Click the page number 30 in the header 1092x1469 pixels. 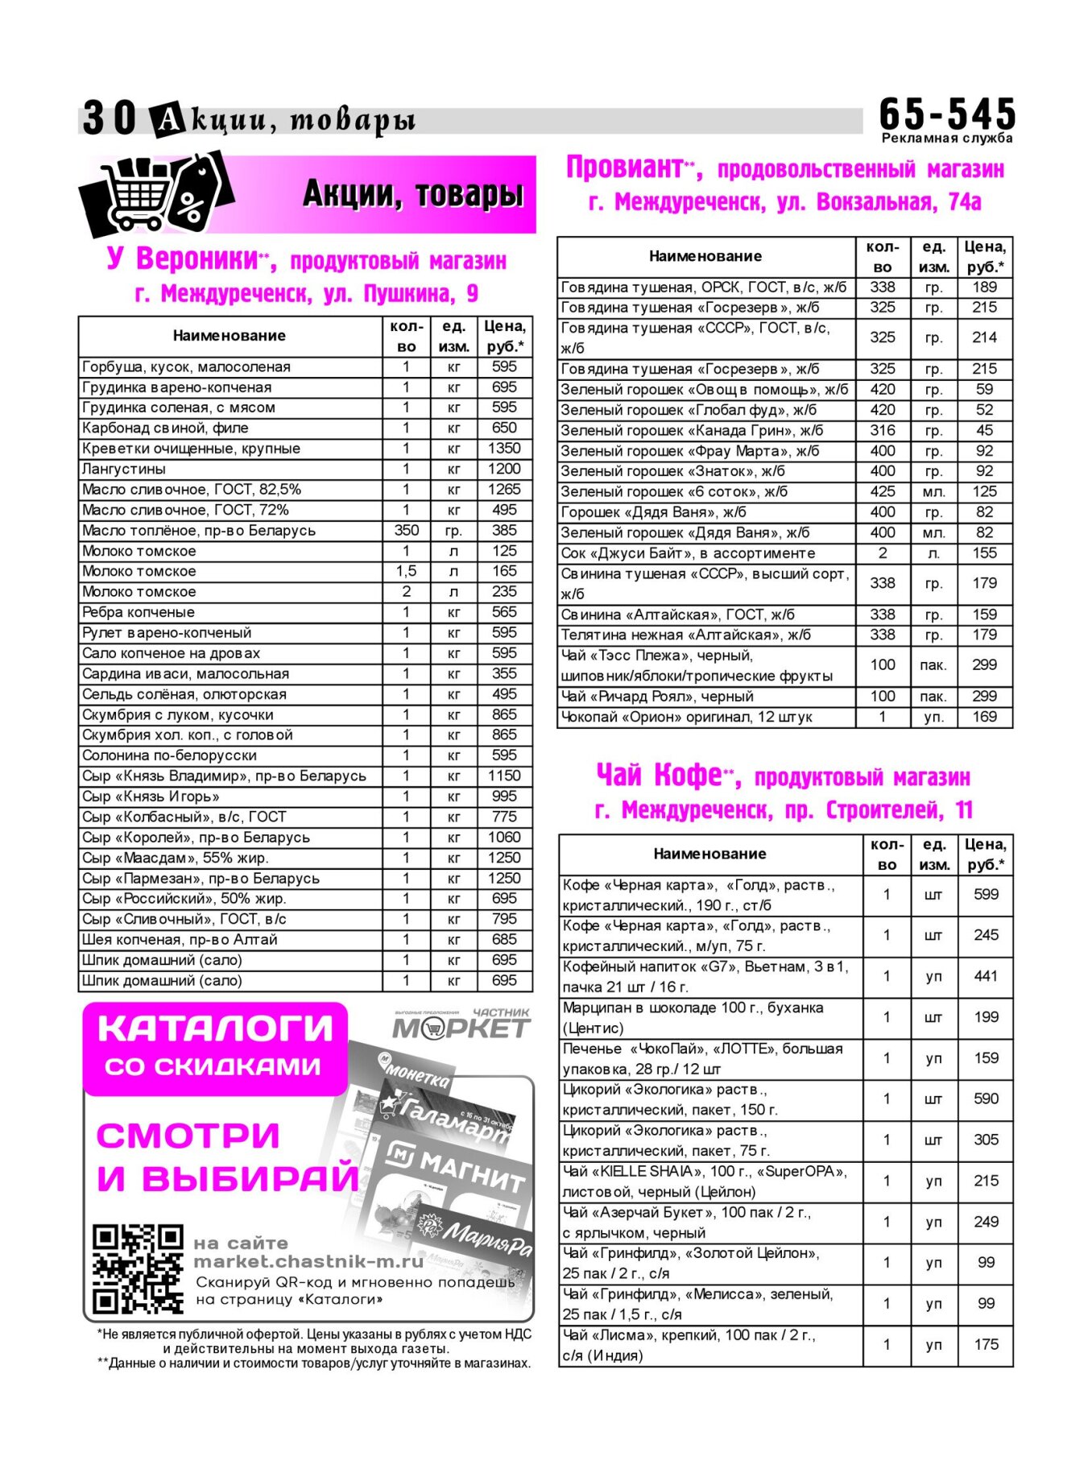[x=110, y=118]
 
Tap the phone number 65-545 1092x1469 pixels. [x=947, y=114]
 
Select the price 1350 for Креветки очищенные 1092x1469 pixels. [x=504, y=449]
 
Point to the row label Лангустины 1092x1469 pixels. [x=124, y=469]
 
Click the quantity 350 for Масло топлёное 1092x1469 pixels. [x=406, y=530]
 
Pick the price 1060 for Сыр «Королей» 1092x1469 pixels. [x=504, y=838]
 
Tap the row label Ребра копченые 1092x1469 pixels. [x=139, y=612]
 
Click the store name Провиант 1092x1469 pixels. [x=624, y=168]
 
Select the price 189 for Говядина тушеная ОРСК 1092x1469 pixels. [x=984, y=288]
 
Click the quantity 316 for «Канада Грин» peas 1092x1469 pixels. [x=883, y=430]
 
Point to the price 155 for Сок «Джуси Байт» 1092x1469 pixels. [x=984, y=553]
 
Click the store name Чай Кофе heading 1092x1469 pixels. [x=659, y=775]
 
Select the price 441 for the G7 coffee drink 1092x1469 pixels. [x=986, y=976]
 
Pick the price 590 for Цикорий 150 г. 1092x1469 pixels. [x=986, y=1099]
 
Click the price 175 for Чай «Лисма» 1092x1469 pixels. [x=986, y=1344]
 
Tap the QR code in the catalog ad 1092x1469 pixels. [x=138, y=1269]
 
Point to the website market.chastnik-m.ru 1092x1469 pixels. [x=308, y=1262]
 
